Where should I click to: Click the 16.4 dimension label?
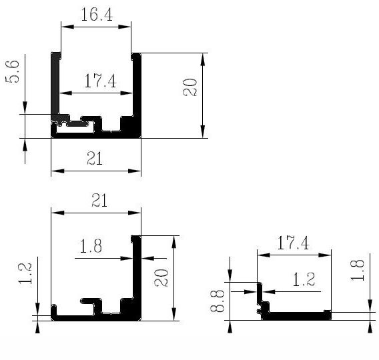coord(97,15)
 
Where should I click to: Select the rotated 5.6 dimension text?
coord(12,72)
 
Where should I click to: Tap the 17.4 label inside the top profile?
coord(101,81)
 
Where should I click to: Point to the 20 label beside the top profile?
coord(190,87)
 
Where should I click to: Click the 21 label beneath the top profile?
coord(95,158)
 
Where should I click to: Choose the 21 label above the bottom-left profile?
coord(99,200)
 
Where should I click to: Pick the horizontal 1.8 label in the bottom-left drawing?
coord(91,246)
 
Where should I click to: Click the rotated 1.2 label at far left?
coord(25,273)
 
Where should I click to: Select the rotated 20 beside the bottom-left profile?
coord(161,278)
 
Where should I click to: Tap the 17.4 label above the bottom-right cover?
coord(293,243)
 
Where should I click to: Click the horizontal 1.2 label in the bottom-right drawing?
coord(304,279)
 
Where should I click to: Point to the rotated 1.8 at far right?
coord(358,270)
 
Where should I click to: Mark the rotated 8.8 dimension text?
coord(217,301)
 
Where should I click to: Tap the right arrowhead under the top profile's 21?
coord(134,171)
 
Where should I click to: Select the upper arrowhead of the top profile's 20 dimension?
coord(203,59)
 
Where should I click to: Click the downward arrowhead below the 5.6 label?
coord(25,107)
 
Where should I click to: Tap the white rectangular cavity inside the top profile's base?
coord(75,129)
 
